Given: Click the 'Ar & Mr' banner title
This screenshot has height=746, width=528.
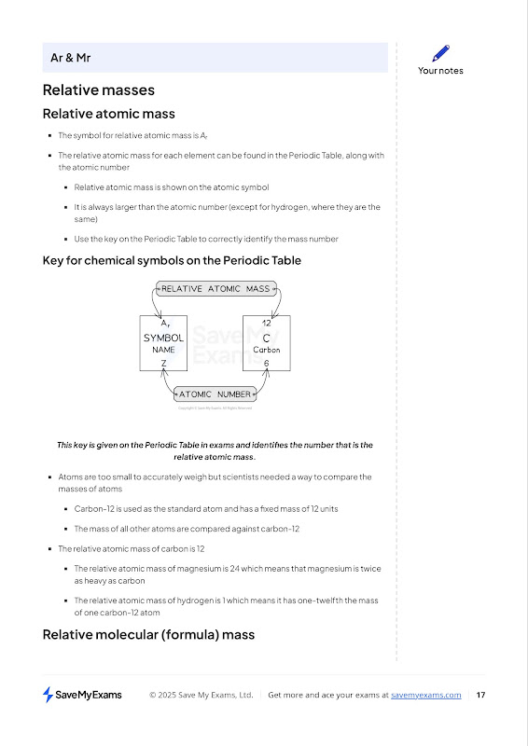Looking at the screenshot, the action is click(71, 58).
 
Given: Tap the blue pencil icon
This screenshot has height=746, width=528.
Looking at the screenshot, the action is click(441, 53).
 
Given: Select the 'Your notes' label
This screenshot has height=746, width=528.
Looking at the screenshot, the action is click(440, 71).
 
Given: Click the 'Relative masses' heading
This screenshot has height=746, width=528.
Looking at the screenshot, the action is click(99, 90).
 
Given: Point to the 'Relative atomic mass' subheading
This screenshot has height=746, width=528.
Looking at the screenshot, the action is click(109, 114).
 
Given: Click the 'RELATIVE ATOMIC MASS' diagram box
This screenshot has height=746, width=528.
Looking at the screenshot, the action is click(216, 289).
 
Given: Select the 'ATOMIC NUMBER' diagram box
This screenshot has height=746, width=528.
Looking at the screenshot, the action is click(215, 394).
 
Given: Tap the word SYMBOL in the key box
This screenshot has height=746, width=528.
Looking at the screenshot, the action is click(163, 338).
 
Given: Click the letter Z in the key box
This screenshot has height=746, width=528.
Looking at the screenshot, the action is click(163, 364).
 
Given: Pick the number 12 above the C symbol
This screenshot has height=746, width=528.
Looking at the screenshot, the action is click(267, 323).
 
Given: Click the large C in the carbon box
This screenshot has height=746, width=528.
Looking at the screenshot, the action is click(266, 338).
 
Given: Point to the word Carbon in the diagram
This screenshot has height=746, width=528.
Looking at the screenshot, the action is click(266, 350).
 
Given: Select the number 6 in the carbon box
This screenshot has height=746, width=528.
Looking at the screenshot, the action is click(266, 364).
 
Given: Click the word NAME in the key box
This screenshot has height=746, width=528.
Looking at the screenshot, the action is click(163, 350).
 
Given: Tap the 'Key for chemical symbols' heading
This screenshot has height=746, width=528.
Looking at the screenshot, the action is click(172, 261).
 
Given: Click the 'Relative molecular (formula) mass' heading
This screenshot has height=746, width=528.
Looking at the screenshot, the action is click(148, 635).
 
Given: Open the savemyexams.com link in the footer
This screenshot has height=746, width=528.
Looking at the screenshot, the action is click(426, 695).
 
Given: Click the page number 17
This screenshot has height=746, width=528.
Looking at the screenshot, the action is click(480, 695).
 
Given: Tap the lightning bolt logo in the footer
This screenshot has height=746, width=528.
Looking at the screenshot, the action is click(49, 695).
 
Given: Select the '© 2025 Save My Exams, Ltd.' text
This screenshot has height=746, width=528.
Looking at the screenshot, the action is click(201, 695).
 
